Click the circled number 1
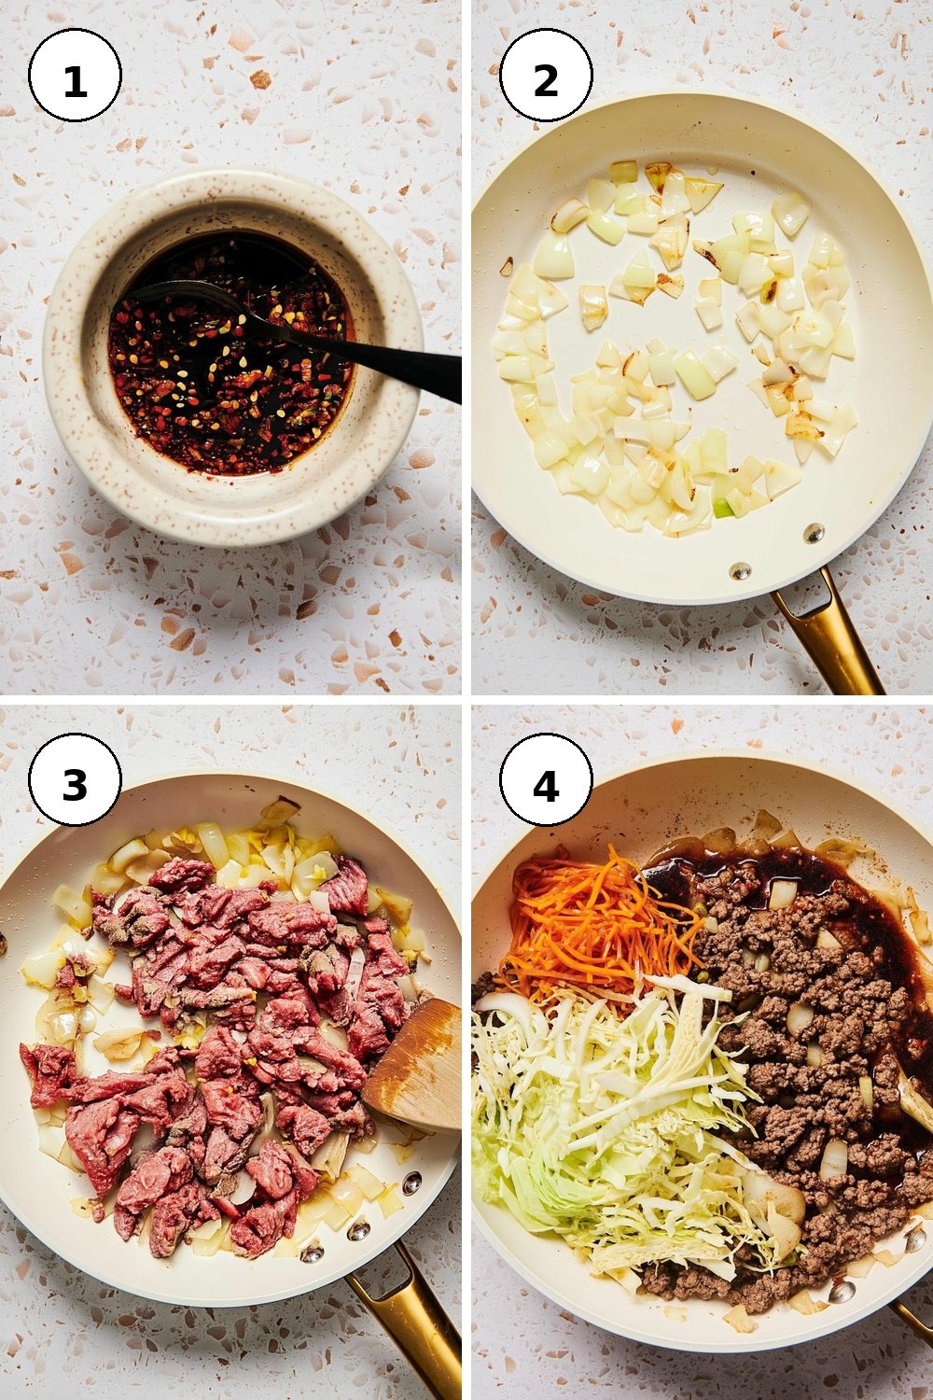(x=75, y=75)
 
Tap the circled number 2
(x=546, y=75)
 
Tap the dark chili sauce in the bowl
(x=231, y=357)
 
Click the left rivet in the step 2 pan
(x=740, y=570)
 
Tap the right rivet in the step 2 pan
(x=813, y=533)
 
